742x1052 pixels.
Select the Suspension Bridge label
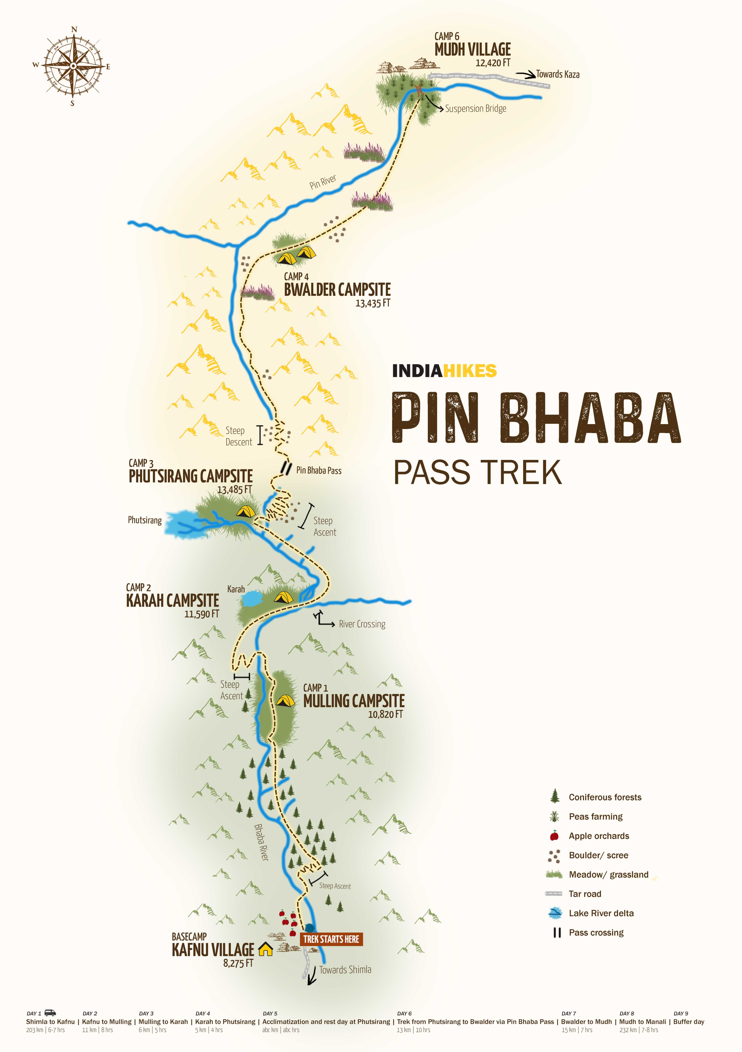click(476, 109)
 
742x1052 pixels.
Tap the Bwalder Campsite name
click(337, 290)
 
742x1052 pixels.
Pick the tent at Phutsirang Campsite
click(246, 511)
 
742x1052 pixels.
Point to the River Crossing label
click(362, 624)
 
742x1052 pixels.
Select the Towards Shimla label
click(345, 970)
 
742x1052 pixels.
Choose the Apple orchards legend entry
click(599, 836)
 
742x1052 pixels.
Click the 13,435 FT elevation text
click(373, 303)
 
